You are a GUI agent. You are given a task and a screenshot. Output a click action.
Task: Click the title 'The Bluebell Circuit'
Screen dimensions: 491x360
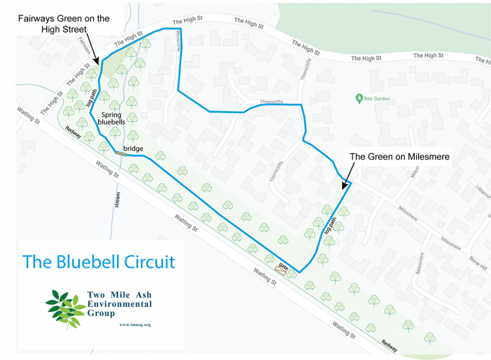click(x=99, y=262)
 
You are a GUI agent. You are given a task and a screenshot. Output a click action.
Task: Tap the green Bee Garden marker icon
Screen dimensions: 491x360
click(x=359, y=98)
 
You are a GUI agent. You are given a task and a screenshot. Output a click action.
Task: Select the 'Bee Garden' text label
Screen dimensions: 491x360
click(x=377, y=99)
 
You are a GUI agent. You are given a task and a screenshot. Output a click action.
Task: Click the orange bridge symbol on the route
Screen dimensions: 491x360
click(x=121, y=153)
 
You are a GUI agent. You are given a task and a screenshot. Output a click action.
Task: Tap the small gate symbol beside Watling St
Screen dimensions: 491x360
click(x=280, y=269)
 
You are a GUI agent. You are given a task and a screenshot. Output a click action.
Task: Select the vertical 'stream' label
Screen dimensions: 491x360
click(x=118, y=198)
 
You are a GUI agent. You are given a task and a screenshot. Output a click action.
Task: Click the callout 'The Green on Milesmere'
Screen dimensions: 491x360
click(x=399, y=155)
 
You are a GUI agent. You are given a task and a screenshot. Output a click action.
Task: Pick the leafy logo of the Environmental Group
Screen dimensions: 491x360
click(x=65, y=308)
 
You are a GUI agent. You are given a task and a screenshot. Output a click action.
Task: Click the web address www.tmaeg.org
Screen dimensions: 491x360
click(x=135, y=324)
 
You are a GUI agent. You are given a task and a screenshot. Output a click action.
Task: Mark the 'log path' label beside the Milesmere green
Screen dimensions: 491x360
click(x=330, y=227)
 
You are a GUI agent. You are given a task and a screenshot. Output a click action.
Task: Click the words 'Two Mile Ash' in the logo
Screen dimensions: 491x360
click(x=119, y=295)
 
